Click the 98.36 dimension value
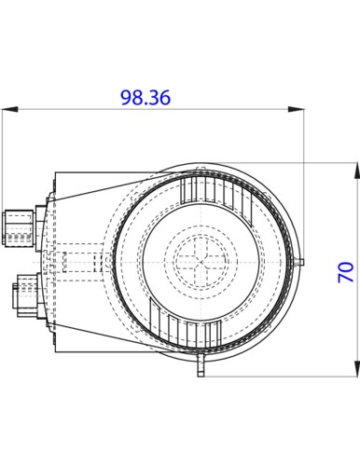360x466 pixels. (145, 98)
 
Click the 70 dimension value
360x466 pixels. (346, 272)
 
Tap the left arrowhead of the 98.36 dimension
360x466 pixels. (10, 109)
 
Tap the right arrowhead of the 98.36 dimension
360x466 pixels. (296, 109)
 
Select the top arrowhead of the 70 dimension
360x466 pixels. (357, 171)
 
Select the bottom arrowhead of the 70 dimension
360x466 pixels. (357, 369)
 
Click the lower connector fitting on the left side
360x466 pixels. (28, 296)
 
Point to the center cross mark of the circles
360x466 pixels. (201, 262)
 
